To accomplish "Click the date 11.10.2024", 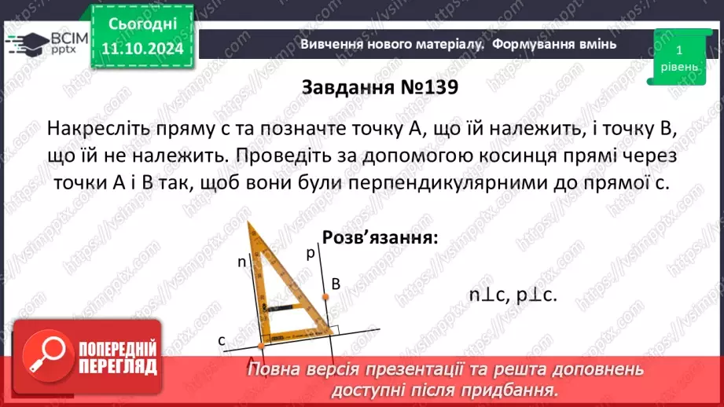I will tap(142, 49).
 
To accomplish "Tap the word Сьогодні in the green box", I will tap(142, 24).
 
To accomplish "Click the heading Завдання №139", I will tap(380, 87).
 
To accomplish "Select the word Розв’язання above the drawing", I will tap(379, 238).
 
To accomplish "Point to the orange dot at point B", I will tap(325, 296).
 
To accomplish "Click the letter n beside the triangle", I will tap(242, 262).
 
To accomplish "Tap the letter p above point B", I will tap(311, 254).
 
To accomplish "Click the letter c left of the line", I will tap(223, 339).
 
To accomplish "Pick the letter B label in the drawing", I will tap(335, 284).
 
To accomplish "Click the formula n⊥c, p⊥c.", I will tap(513, 295).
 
